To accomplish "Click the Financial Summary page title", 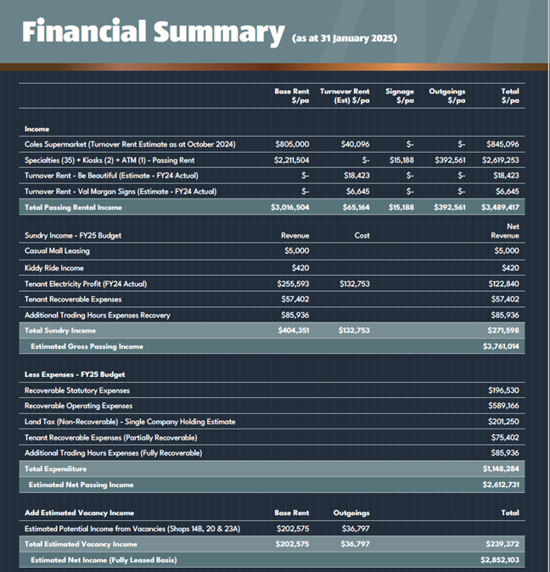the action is (x=153, y=32).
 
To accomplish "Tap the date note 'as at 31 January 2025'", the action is (x=345, y=38).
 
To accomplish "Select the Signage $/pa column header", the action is (x=400, y=96).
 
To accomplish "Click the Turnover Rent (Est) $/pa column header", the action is (x=345, y=96).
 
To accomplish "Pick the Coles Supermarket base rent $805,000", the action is (x=292, y=144).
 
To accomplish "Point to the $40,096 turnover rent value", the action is (x=356, y=144).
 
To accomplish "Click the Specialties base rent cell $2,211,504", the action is (x=291, y=160).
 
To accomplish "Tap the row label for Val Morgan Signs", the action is (x=121, y=191).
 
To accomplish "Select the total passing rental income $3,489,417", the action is (x=500, y=207).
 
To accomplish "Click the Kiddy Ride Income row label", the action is (x=54, y=268).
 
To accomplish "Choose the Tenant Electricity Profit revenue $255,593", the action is (x=293, y=283).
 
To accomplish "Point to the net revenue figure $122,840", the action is (x=503, y=283).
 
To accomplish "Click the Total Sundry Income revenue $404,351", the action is (x=294, y=330).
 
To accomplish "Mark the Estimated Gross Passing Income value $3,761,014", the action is (x=501, y=345).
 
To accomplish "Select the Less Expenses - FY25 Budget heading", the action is (x=75, y=374).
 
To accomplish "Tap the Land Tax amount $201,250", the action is (x=503, y=421).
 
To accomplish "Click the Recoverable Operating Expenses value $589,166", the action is (x=503, y=406).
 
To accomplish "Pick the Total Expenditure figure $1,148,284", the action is (x=501, y=468).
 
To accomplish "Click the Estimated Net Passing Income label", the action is (x=81, y=485).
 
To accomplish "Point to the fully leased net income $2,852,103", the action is (x=500, y=559).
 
